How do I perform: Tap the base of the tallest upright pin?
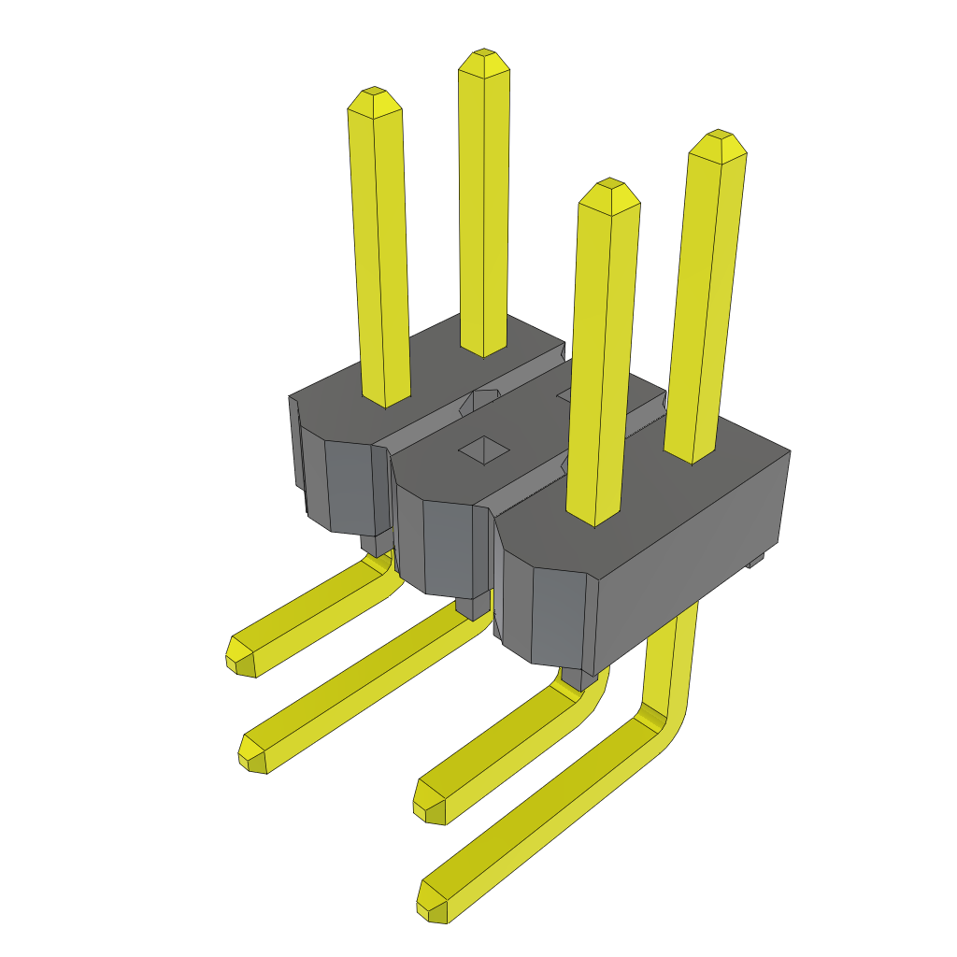pos(483,350)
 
